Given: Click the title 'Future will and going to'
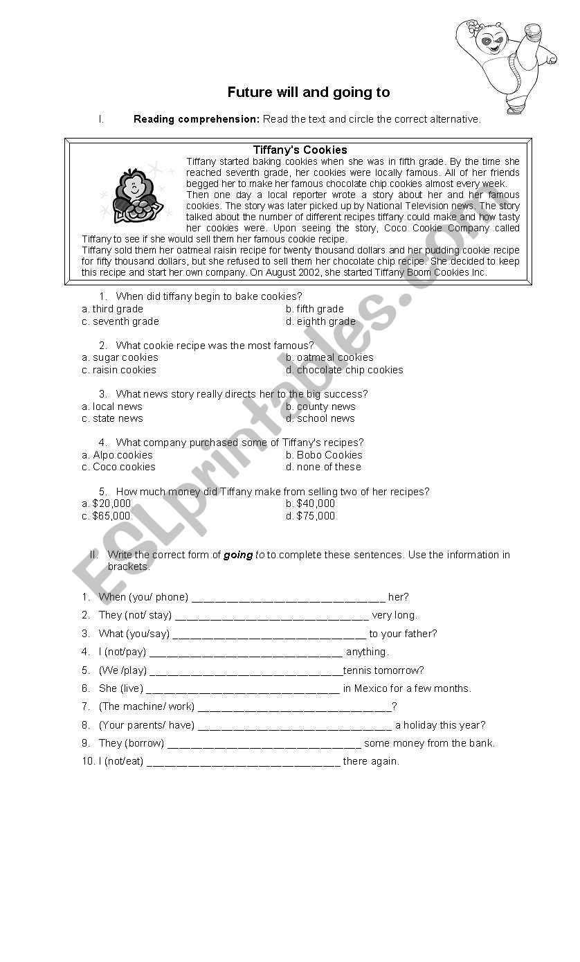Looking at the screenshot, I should click(x=308, y=93).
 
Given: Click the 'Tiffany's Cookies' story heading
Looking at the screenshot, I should click(x=300, y=150).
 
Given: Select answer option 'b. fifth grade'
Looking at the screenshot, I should click(x=315, y=309).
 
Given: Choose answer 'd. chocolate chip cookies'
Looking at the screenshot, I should click(x=345, y=370).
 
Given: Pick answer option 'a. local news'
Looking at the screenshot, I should click(x=112, y=407).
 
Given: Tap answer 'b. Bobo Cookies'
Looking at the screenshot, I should click(x=324, y=455).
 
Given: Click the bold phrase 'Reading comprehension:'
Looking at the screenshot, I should click(x=197, y=119).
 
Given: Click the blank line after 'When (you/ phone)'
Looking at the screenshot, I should click(x=288, y=598).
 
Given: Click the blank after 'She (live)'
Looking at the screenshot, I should click(x=243, y=689).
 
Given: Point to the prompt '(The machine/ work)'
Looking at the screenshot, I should click(x=147, y=706).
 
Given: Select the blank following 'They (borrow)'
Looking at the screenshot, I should click(x=264, y=744).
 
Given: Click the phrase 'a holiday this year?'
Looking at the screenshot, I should click(x=440, y=725).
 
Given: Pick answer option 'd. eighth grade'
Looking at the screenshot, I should click(x=320, y=321).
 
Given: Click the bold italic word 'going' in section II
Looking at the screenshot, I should click(x=238, y=555).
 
